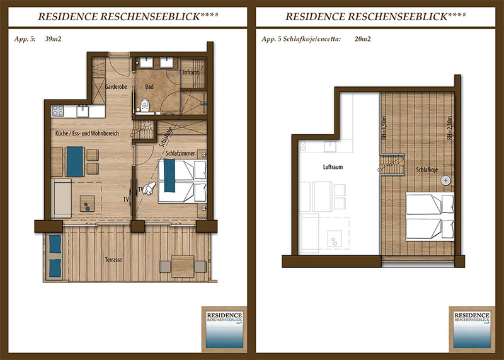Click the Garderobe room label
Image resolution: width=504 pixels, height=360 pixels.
pyautogui.click(x=116, y=86)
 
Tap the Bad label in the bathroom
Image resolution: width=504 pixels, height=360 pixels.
pyautogui.click(x=149, y=86)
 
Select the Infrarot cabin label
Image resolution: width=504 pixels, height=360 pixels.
pyautogui.click(x=192, y=73)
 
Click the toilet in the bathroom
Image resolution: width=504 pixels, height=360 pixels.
pyautogui.click(x=145, y=104)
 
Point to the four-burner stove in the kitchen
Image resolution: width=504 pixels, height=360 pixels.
pyautogui.click(x=58, y=111)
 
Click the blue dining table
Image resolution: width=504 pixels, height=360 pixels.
pyautogui.click(x=75, y=161)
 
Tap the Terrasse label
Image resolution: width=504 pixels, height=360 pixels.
pyautogui.click(x=113, y=260)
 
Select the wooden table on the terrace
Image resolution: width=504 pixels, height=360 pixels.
pyautogui.click(x=183, y=267)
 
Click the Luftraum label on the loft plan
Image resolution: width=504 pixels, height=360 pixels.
pyautogui.click(x=333, y=167)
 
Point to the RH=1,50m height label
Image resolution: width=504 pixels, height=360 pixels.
pyautogui.click(x=384, y=128)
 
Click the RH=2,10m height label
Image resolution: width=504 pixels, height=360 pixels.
pyautogui.click(x=449, y=128)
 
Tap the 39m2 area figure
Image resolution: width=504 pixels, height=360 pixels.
pyautogui.click(x=53, y=39)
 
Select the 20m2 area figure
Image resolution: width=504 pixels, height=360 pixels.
pyautogui.click(x=363, y=39)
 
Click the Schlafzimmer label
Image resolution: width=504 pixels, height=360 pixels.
pyautogui.click(x=180, y=153)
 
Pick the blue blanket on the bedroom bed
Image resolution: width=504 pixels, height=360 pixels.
pyautogui.click(x=169, y=175)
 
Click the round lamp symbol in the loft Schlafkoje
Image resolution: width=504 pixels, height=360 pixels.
pyautogui.click(x=445, y=180)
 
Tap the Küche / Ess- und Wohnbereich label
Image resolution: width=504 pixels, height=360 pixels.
pyautogui.click(x=87, y=133)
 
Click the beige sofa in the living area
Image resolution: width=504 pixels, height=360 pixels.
pyautogui.click(x=61, y=198)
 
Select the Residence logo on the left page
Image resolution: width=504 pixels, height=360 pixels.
pyautogui.click(x=224, y=330)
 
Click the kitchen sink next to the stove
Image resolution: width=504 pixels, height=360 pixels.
pyautogui.click(x=83, y=111)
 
